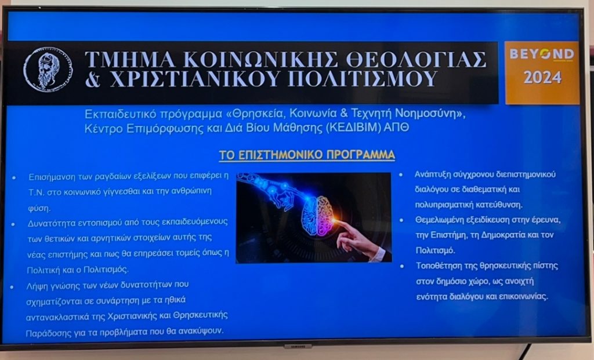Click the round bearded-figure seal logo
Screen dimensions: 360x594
48,69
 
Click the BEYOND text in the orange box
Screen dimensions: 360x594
542,54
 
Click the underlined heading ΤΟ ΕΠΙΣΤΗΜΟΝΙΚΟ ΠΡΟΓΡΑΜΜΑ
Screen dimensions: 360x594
307,155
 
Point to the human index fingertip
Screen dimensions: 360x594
338,223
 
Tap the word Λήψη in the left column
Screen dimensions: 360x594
37,285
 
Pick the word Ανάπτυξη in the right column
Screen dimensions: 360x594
434,174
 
